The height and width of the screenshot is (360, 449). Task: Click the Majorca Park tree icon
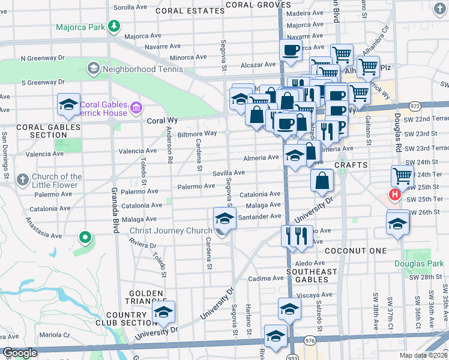112,27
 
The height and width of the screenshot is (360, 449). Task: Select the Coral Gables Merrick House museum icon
136,109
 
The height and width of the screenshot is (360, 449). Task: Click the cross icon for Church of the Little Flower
22,179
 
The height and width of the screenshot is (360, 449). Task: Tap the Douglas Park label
418,263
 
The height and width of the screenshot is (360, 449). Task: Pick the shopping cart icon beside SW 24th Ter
402,176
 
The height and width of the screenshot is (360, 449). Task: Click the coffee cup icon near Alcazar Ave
291,50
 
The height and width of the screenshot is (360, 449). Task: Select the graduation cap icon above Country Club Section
163,311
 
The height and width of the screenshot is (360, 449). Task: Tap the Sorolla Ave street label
130,7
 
